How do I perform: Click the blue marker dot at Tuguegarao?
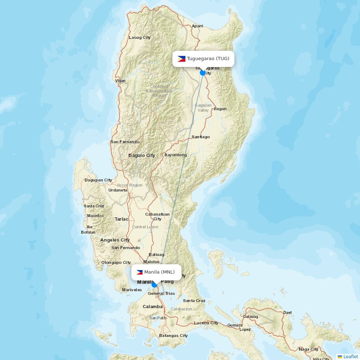coord(203,73)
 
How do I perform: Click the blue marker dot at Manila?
coord(154,285)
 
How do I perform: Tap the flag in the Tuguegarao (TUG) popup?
coord(181,59)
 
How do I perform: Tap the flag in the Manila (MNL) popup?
coord(139,272)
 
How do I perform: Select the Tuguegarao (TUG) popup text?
coord(208,59)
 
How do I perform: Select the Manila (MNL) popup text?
coord(159,272)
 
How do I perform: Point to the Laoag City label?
coord(140,37)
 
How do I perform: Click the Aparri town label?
coord(197,26)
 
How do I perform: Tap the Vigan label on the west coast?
coord(120,81)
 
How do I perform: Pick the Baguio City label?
coord(142,156)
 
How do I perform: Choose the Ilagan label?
coord(220,109)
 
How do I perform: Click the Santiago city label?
coord(201,137)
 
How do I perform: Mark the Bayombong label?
coord(176,155)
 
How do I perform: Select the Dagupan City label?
coord(98,180)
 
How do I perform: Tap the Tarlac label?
coord(121,219)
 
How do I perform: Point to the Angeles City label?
coord(115,240)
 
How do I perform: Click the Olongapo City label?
coord(116,262)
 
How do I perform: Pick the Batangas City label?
coord(174,336)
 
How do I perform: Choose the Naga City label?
coord(309,349)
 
